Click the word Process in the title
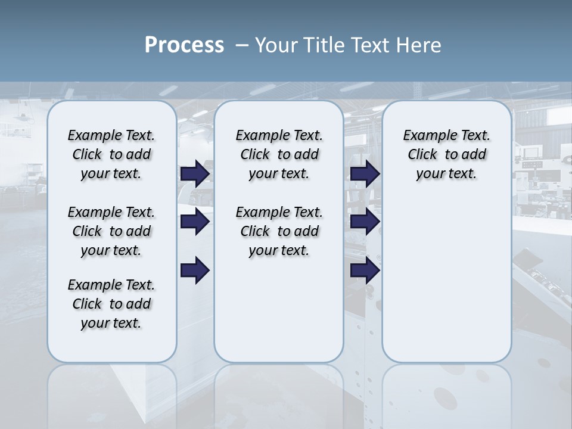184,45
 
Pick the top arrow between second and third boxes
365,173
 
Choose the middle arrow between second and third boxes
365,222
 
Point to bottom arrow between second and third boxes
365,271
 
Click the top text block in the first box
111,154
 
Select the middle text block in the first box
111,231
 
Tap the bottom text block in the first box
111,304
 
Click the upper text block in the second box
279,154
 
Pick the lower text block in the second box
279,231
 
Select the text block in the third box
447,154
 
